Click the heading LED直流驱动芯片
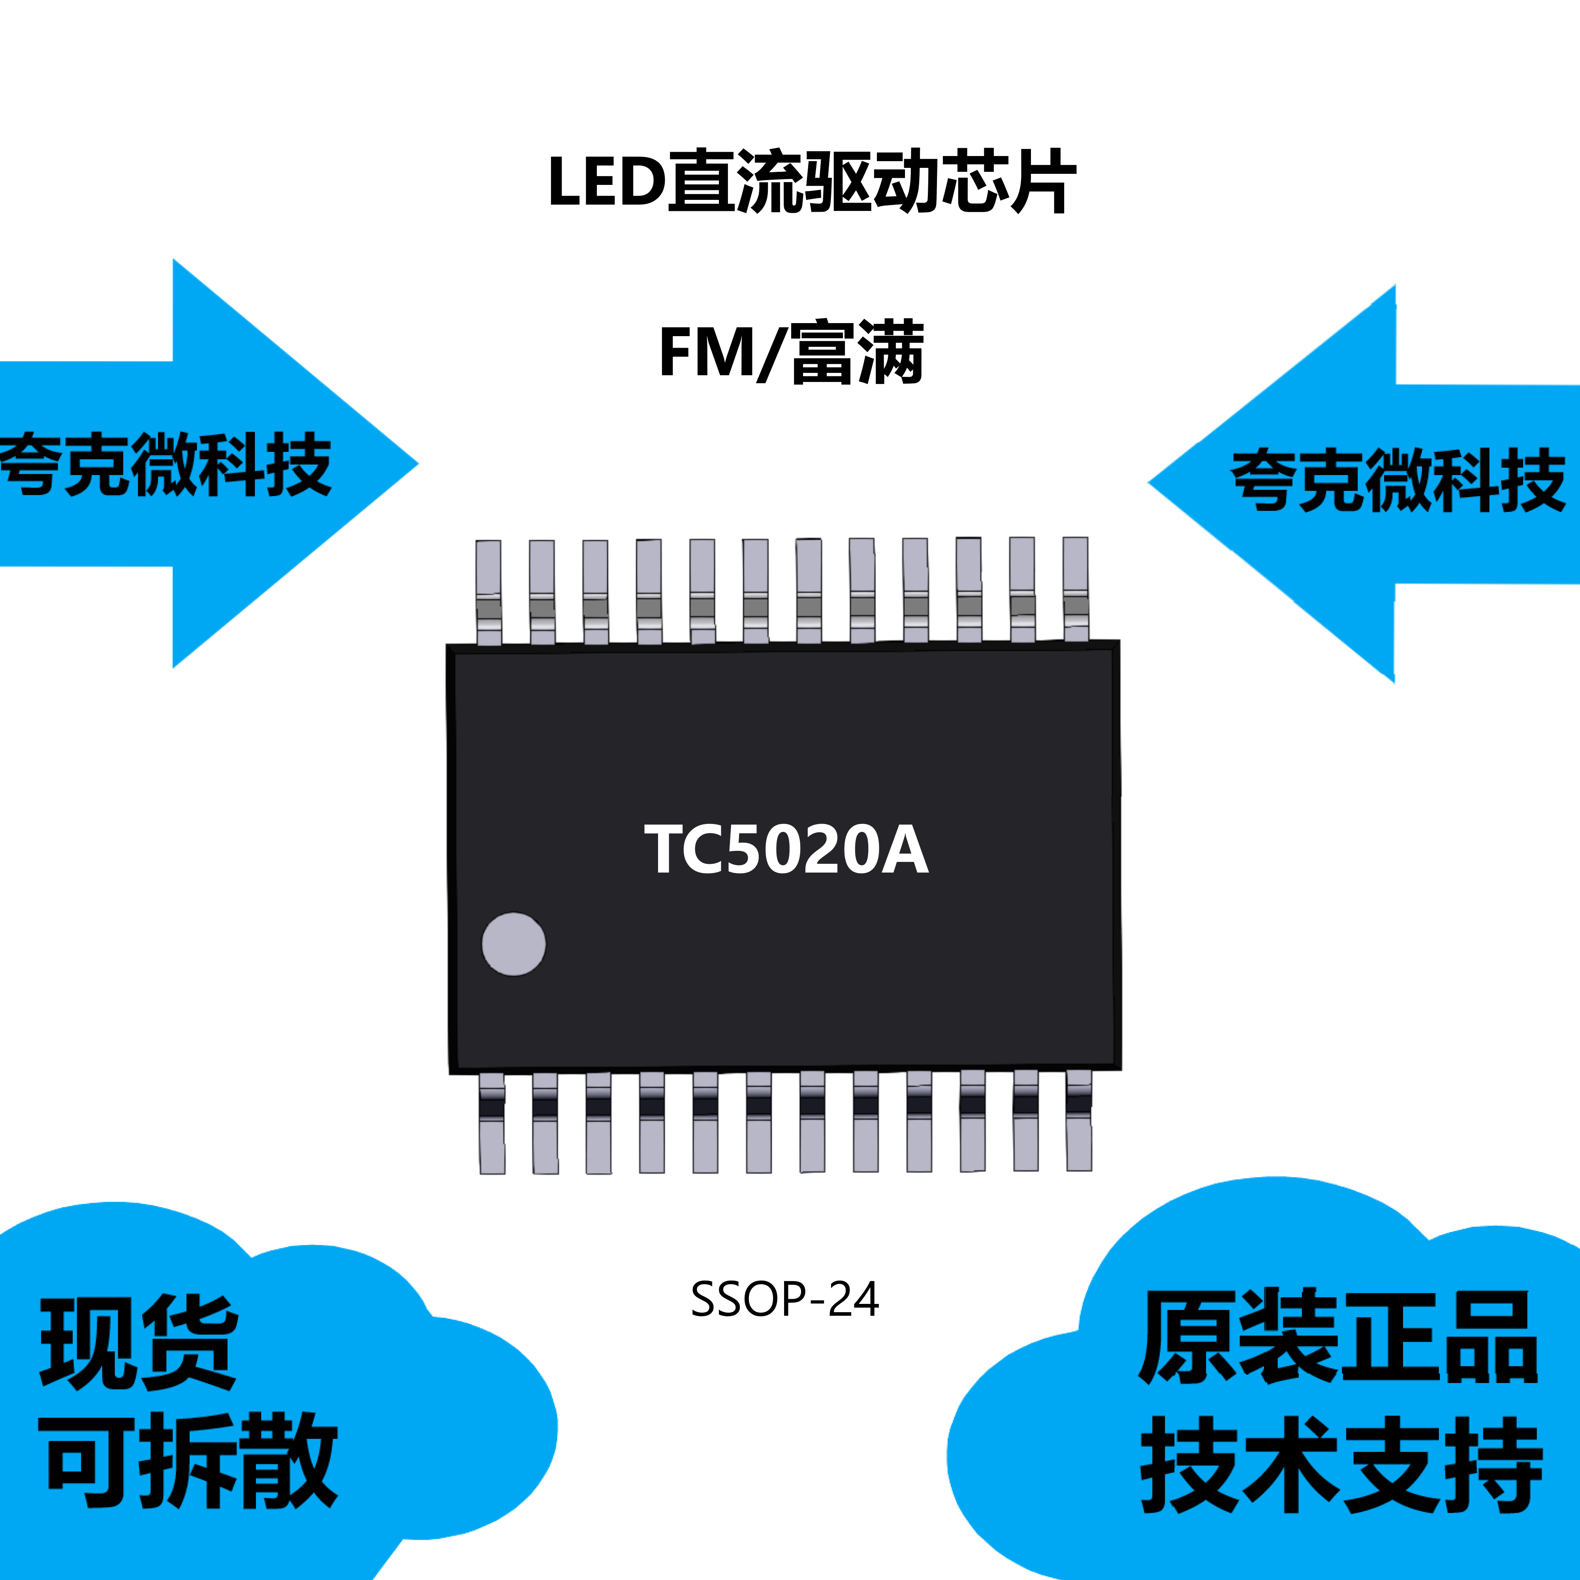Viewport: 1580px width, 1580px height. [811, 182]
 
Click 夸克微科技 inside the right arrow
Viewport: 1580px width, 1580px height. [1398, 481]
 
